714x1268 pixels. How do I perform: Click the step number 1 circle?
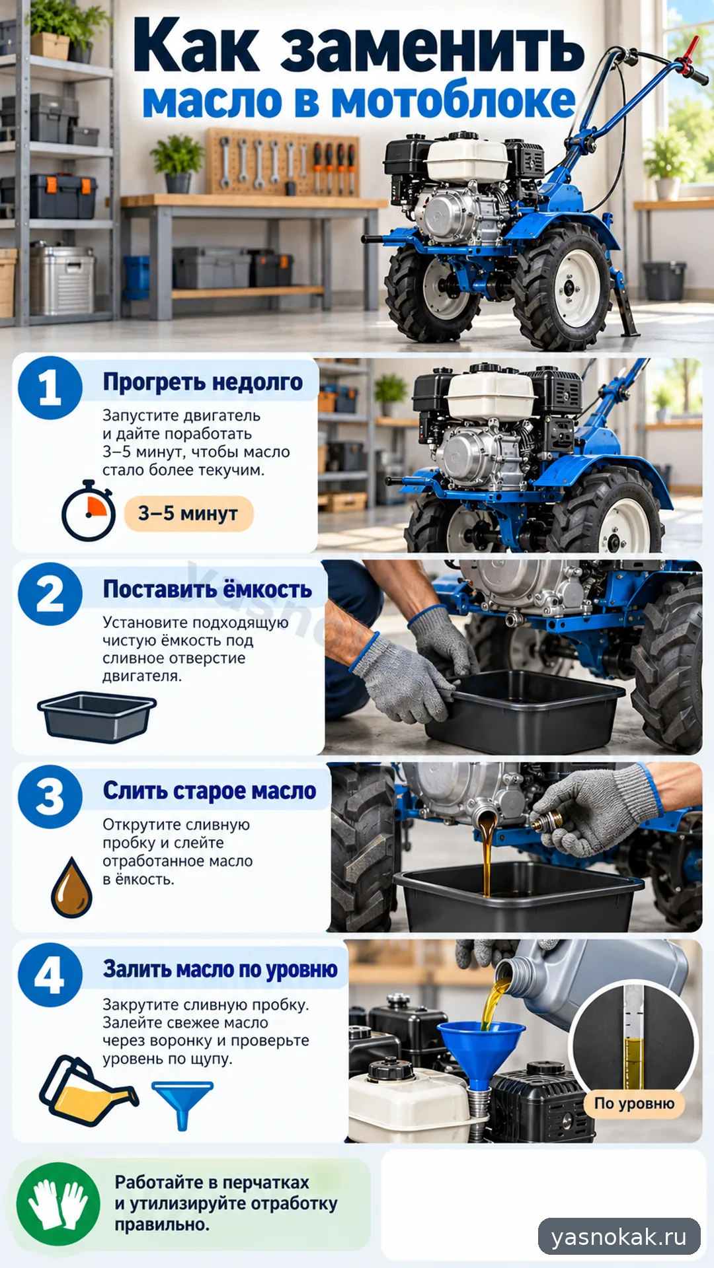click(50, 388)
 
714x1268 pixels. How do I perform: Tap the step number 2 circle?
click(50, 594)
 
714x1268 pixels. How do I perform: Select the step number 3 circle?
click(50, 796)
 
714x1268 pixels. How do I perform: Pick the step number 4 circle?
click(50, 975)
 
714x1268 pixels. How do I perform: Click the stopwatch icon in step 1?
click(89, 511)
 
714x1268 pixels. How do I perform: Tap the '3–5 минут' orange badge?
click(188, 514)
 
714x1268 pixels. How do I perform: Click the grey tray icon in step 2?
click(97, 717)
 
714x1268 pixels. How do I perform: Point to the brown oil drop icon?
click(71, 888)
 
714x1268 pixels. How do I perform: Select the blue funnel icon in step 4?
click(182, 1106)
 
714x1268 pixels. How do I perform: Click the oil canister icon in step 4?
click(87, 1091)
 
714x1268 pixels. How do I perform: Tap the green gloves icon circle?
click(58, 1204)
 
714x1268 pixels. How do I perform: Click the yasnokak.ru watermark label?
click(619, 1236)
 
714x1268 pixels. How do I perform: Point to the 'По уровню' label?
click(634, 1104)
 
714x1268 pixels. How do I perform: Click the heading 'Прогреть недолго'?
click(203, 382)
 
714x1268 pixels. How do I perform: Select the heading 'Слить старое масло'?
click(210, 791)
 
